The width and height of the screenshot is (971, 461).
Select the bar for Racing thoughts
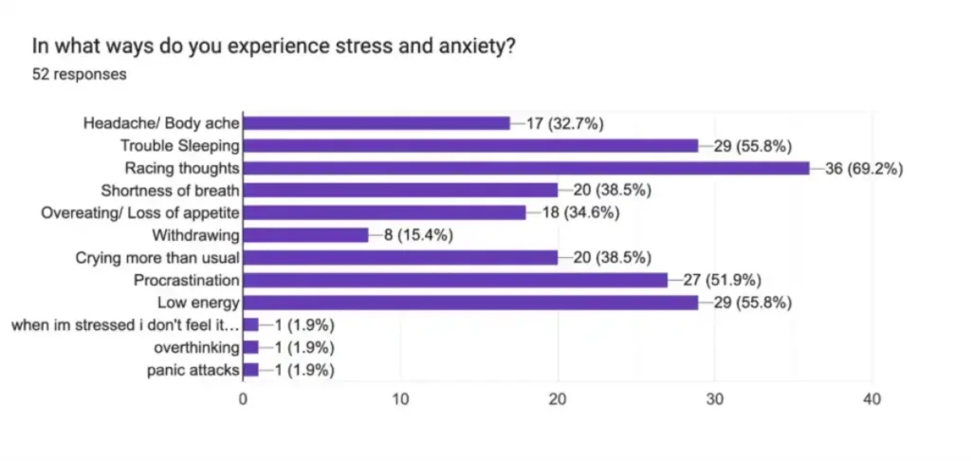point(526,168)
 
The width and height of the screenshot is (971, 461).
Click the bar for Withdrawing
point(305,235)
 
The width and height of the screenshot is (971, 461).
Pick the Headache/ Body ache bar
point(376,123)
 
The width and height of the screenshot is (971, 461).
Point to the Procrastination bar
point(455,280)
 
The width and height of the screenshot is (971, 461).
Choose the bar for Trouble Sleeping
point(470,145)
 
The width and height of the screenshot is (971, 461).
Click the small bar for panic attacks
point(251,370)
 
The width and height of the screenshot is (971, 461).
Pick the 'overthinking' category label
point(196,347)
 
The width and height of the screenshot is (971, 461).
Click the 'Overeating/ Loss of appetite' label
point(140,212)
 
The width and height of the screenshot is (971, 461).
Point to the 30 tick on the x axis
point(715,399)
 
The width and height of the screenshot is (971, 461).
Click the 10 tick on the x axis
point(400,399)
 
